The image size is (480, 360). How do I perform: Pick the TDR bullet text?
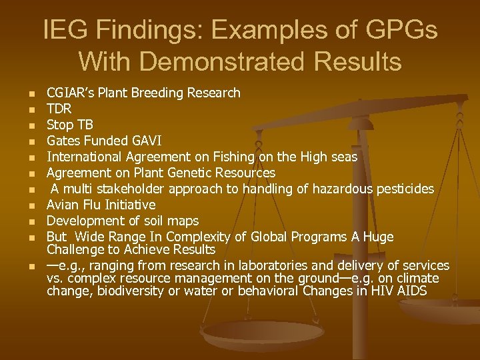tap(59, 109)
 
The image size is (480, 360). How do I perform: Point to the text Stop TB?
tap(70, 125)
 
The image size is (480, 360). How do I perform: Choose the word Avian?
tap(63, 205)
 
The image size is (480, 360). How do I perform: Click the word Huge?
tap(377, 237)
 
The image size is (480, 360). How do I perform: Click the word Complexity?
tap(196, 237)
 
